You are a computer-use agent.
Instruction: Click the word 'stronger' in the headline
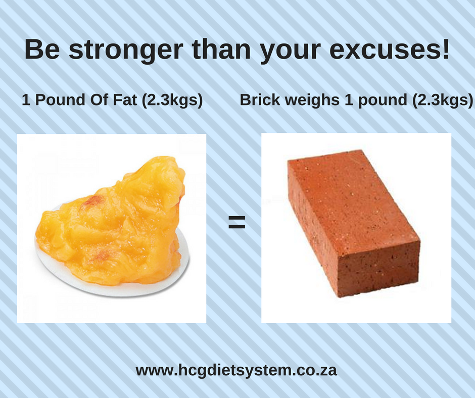(126, 51)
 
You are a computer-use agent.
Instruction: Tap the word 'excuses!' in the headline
(389, 49)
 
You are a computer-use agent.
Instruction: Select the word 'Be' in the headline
(42, 49)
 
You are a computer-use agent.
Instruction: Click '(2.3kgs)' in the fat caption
(172, 100)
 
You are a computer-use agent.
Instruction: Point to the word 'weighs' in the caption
(312, 101)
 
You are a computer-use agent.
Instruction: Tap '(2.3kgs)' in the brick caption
(442, 100)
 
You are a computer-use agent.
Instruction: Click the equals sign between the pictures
(236, 222)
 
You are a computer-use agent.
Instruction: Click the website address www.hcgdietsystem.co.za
(236, 370)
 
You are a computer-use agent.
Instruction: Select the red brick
(353, 223)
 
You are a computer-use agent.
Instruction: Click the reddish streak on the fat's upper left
(92, 202)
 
